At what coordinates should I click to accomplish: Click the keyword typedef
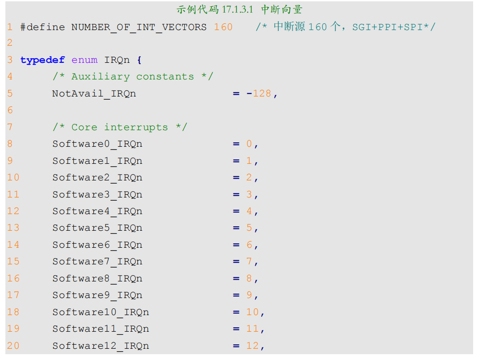tap(43, 60)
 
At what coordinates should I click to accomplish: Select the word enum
tap(84, 60)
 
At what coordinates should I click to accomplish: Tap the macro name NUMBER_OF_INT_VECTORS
tap(139, 27)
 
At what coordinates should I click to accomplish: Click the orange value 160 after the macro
tap(224, 27)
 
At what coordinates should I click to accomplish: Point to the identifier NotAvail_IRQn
tap(94, 94)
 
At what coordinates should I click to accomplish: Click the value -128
tap(259, 93)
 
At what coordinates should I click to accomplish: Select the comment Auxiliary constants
tap(133, 77)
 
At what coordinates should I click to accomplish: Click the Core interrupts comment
tap(120, 127)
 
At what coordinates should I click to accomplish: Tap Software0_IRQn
tap(97, 144)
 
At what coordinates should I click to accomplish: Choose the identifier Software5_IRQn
tap(97, 228)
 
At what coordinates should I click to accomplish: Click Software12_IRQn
tap(101, 346)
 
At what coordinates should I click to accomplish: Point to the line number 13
tap(13, 228)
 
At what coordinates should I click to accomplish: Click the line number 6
tap(10, 110)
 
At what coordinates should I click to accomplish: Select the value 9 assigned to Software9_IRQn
tap(249, 295)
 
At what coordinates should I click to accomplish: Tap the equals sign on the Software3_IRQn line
tap(236, 195)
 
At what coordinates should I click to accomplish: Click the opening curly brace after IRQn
tap(139, 60)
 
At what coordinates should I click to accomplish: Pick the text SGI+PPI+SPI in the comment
tap(387, 27)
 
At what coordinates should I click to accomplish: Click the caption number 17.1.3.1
tap(237, 9)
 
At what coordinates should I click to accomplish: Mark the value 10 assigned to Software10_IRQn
tap(252, 312)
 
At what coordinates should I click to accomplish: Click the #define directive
tap(43, 27)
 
